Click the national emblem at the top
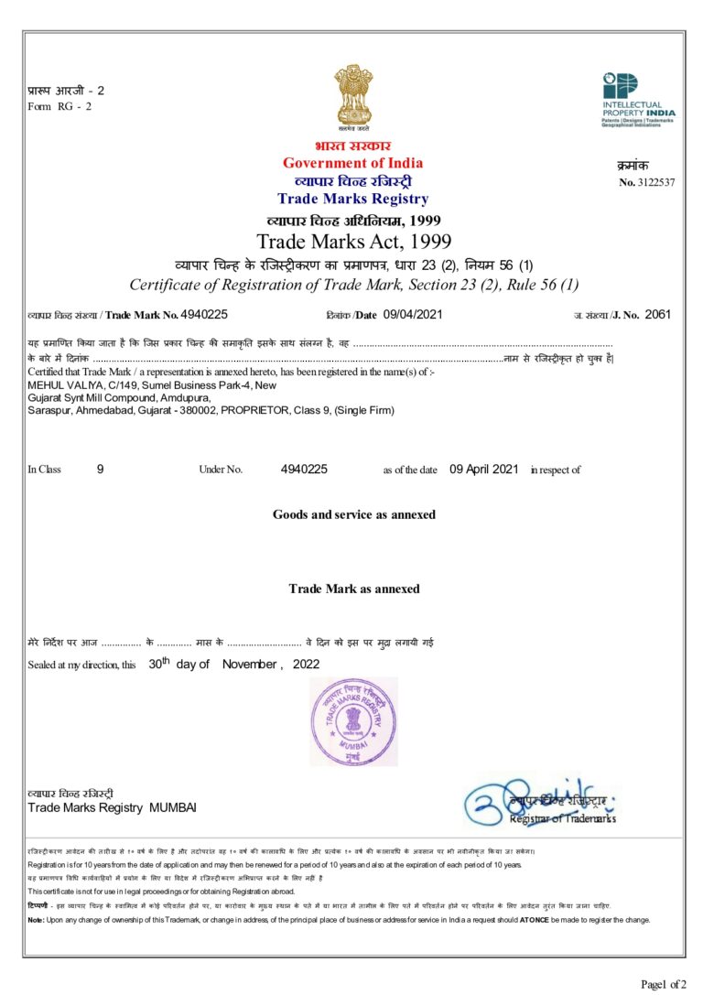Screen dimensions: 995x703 click(352, 96)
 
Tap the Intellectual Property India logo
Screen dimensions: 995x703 click(637, 99)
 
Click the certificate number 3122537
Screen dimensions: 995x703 click(654, 182)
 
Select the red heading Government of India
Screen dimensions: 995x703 click(352, 163)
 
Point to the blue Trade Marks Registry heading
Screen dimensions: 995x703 click(352, 199)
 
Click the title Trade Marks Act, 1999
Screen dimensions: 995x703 click(353, 242)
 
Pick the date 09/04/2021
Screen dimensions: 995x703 click(413, 314)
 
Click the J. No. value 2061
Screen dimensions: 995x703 click(658, 314)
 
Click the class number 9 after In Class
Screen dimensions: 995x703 click(101, 469)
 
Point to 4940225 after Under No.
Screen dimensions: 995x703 click(304, 469)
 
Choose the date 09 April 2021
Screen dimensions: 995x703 click(484, 469)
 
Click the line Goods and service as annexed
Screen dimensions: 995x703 click(353, 514)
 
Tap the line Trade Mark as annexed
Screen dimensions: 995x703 click(353, 588)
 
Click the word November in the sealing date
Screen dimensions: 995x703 click(250, 665)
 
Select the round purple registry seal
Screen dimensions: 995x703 click(353, 721)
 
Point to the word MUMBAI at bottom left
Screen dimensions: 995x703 click(173, 807)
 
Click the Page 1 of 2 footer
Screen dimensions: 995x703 click(664, 984)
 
